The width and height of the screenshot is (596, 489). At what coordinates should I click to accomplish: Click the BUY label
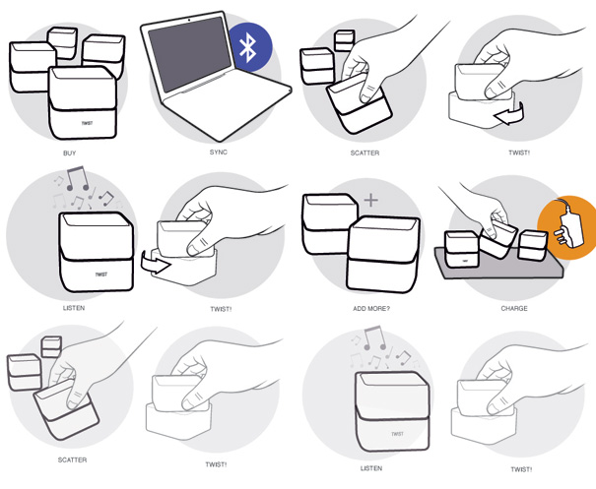(x=70, y=153)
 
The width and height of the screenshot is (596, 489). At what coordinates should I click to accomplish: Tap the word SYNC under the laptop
(x=219, y=152)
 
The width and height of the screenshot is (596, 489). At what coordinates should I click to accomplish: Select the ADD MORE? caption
(x=371, y=309)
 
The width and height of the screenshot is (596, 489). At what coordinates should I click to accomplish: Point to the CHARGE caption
(x=514, y=308)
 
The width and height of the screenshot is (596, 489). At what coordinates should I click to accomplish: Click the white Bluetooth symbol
(x=249, y=47)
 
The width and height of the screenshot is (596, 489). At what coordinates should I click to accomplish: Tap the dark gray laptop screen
(x=190, y=53)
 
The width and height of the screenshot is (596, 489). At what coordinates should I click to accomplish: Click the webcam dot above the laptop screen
(x=189, y=20)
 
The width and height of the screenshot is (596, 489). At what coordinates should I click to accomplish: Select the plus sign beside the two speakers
(x=371, y=200)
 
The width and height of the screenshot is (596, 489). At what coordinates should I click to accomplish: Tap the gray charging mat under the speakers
(x=498, y=265)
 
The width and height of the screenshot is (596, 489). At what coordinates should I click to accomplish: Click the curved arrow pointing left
(x=509, y=114)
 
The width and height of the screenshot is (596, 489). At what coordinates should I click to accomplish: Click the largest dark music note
(x=78, y=178)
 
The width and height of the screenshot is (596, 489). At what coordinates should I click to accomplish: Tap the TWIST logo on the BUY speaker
(x=87, y=123)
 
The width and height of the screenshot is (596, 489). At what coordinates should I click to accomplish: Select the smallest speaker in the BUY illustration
(x=63, y=42)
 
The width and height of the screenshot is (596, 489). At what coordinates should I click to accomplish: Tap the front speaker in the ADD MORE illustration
(x=383, y=255)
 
